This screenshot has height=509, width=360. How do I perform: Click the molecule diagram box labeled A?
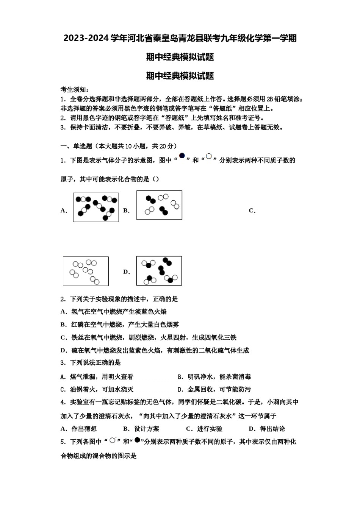(x=96, y=207)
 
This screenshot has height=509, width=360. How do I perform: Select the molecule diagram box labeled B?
(x=159, y=205)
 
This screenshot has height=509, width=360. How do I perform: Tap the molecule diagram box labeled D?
(x=159, y=271)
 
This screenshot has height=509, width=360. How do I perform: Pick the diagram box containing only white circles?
(x=86, y=271)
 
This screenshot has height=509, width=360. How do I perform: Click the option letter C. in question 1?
(x=252, y=211)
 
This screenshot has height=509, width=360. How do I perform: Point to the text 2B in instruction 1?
(x=269, y=99)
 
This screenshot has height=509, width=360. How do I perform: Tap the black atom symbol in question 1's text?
(x=182, y=156)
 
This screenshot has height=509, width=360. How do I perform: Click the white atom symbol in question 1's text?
(x=209, y=156)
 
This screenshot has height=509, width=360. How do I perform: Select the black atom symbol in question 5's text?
(x=137, y=440)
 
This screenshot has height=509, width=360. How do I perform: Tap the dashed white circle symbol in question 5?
(x=113, y=440)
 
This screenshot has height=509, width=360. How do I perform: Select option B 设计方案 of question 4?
(x=141, y=429)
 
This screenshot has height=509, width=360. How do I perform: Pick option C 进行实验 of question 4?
(x=204, y=429)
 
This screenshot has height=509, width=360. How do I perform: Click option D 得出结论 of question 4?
(x=267, y=429)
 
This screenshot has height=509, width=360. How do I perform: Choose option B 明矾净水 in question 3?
(x=214, y=377)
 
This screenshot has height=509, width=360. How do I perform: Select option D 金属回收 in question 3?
(x=214, y=389)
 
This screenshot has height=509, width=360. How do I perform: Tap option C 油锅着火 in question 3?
(x=97, y=389)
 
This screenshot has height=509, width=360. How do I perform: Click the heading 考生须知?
(x=75, y=90)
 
